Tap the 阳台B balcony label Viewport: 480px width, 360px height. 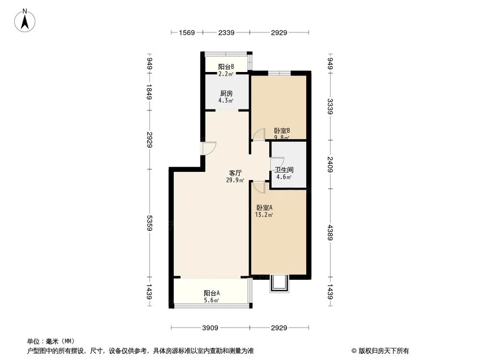click(x=226, y=67)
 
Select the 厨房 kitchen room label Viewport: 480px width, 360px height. click(x=227, y=94)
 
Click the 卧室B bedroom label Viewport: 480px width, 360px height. click(x=282, y=131)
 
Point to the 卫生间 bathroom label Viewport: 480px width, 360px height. click(x=284, y=170)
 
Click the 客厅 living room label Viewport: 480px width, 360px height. click(x=235, y=173)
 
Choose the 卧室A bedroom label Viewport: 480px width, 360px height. click(x=264, y=208)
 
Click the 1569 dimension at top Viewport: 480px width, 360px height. click(x=187, y=33)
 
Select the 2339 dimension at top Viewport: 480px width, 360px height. click(x=226, y=33)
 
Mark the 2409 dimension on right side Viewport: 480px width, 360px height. click(x=330, y=164)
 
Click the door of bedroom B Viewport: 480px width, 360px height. click(x=259, y=135)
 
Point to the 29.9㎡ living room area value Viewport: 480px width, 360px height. click(x=235, y=180)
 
